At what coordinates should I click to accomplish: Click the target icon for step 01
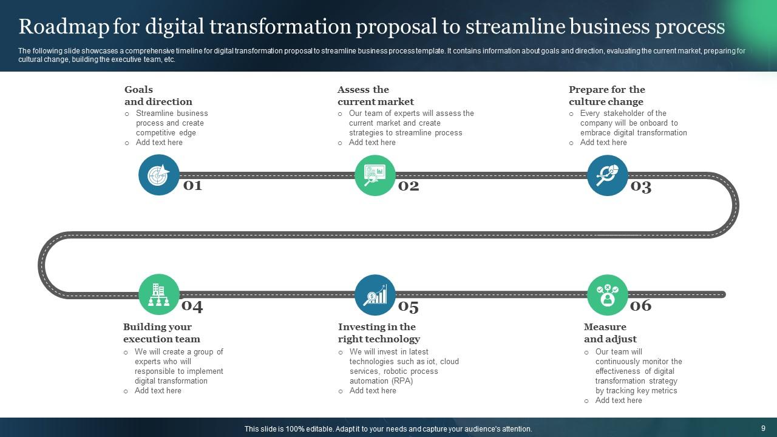[x=159, y=175]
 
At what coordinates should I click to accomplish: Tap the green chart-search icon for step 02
[x=375, y=175]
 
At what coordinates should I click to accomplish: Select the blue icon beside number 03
[x=608, y=175]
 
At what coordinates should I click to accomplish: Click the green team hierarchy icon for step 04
[x=159, y=295]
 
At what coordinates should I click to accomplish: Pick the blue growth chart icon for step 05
[x=375, y=295]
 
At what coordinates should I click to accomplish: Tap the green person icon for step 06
[x=608, y=295]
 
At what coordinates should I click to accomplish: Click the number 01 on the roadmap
[x=192, y=185]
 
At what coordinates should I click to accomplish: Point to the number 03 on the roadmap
[x=641, y=186]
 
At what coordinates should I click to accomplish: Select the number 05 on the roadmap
[x=409, y=307]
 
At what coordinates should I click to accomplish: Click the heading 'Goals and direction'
[x=158, y=96]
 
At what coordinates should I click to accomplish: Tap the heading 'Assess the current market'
[x=375, y=96]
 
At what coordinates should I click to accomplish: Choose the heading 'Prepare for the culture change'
[x=606, y=96]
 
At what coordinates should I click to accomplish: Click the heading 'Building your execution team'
[x=161, y=333]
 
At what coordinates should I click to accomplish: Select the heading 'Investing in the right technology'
[x=379, y=333]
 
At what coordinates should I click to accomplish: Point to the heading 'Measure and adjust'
[x=609, y=333]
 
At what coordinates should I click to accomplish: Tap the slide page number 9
[x=763, y=429]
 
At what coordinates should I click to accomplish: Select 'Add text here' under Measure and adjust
[x=619, y=401]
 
